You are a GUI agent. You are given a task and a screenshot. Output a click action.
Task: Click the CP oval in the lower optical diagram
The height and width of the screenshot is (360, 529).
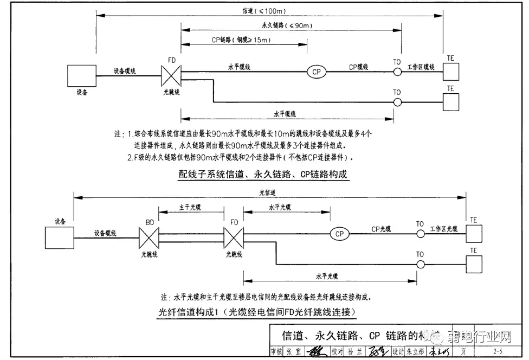tap(339, 234)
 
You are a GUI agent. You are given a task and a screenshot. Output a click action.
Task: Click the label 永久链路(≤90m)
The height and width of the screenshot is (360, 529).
tap(284, 25)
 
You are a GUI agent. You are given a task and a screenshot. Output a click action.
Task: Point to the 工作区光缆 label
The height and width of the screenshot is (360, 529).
tap(444, 228)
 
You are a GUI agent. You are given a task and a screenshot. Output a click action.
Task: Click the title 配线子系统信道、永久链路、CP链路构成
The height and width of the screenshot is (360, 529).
tap(262, 174)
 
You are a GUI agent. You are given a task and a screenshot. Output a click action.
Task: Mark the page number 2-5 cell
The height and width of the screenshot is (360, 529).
tap(497, 352)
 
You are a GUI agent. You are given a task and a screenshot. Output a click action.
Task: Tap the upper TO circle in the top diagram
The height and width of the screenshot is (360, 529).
tap(397, 72)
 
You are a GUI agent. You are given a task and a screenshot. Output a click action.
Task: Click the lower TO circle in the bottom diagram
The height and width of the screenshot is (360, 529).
tap(420, 264)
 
